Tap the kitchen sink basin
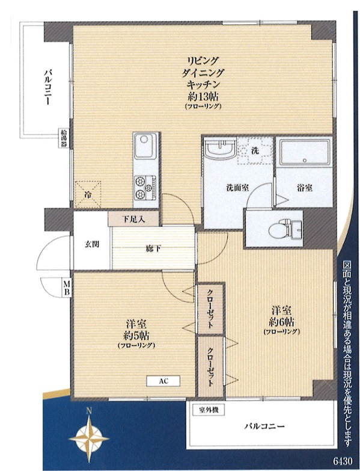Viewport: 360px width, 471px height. click(145, 146)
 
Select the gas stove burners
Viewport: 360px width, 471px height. click(145, 188)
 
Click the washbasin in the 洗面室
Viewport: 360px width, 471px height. click(221, 147)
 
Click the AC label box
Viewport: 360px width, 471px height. click(163, 381)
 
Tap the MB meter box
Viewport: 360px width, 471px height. click(67, 288)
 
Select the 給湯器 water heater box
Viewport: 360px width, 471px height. click(64, 138)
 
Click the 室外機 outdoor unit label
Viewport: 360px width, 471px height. click(209, 410)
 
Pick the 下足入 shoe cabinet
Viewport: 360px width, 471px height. click(133, 219)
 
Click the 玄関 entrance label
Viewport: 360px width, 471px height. click(91, 244)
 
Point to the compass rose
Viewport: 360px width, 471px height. click(89, 439)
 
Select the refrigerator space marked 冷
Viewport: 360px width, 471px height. click(88, 195)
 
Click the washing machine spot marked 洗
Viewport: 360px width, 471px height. click(255, 150)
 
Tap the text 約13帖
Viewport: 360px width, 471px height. click(203, 96)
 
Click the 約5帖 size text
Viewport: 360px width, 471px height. click(136, 334)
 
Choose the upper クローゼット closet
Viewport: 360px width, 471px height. click(211, 309)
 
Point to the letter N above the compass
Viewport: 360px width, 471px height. click(89, 411)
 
